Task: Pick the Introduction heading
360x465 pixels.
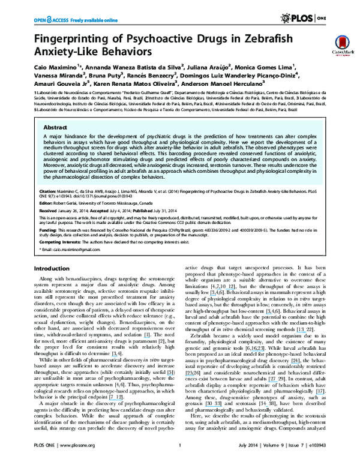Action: pos(53,268)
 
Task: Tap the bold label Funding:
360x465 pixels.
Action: pos(49,230)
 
